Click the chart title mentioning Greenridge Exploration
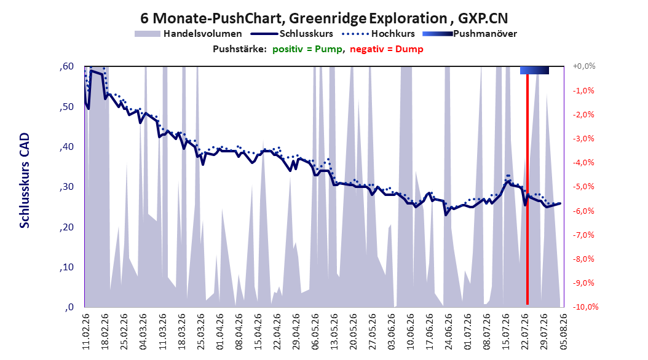pos(324,18)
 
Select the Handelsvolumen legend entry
pos(188,34)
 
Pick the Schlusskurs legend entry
pos(292,34)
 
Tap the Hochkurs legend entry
pos(378,34)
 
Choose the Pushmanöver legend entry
pos(470,34)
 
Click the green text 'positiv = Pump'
pos(307,49)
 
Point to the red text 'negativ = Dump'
pos(387,49)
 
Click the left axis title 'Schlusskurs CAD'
pos(25,181)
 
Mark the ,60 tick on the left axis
pos(66,66)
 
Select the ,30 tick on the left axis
pos(66,187)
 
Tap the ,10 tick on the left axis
pos(66,267)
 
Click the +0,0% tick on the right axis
pos(584,66)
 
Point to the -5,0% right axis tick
pos(583,187)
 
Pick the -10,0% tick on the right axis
pos(585,307)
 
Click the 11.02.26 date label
pos(86,332)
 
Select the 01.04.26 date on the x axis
pos(220,332)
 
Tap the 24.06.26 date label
pos(449,332)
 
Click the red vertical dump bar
pos(527,189)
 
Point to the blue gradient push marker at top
pos(534,70)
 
